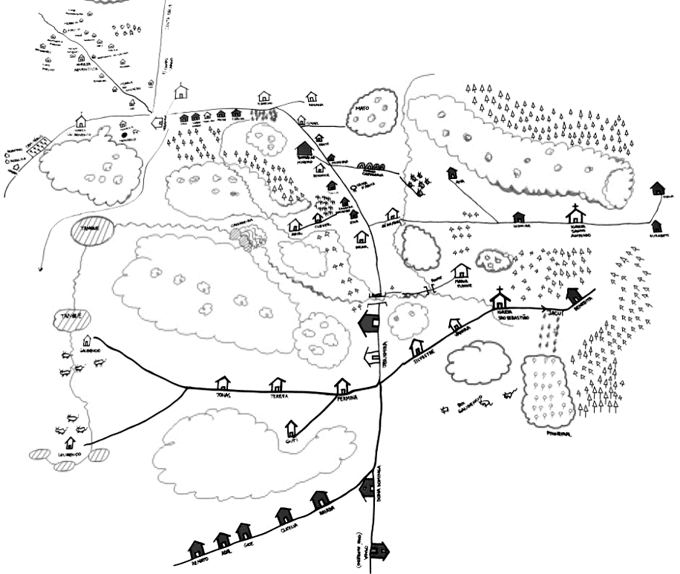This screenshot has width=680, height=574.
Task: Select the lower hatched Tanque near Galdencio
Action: [x=72, y=319]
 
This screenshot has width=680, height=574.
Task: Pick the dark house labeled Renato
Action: [x=197, y=549]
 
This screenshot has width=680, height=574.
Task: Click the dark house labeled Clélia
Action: [x=283, y=515]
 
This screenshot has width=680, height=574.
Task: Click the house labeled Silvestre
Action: [x=416, y=346]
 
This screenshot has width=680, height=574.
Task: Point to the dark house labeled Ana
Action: [x=451, y=173]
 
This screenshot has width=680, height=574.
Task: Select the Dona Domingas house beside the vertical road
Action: [x=367, y=487]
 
